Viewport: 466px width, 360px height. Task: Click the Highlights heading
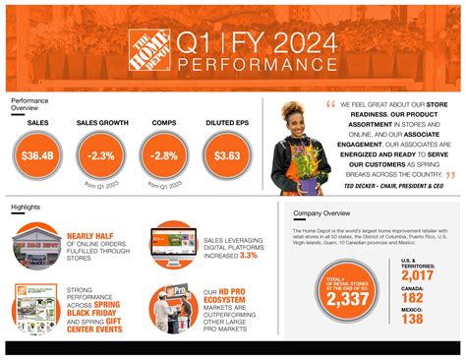point(26,208)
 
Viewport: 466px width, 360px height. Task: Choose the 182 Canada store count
point(413,297)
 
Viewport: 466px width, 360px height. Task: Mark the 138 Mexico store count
point(413,319)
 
